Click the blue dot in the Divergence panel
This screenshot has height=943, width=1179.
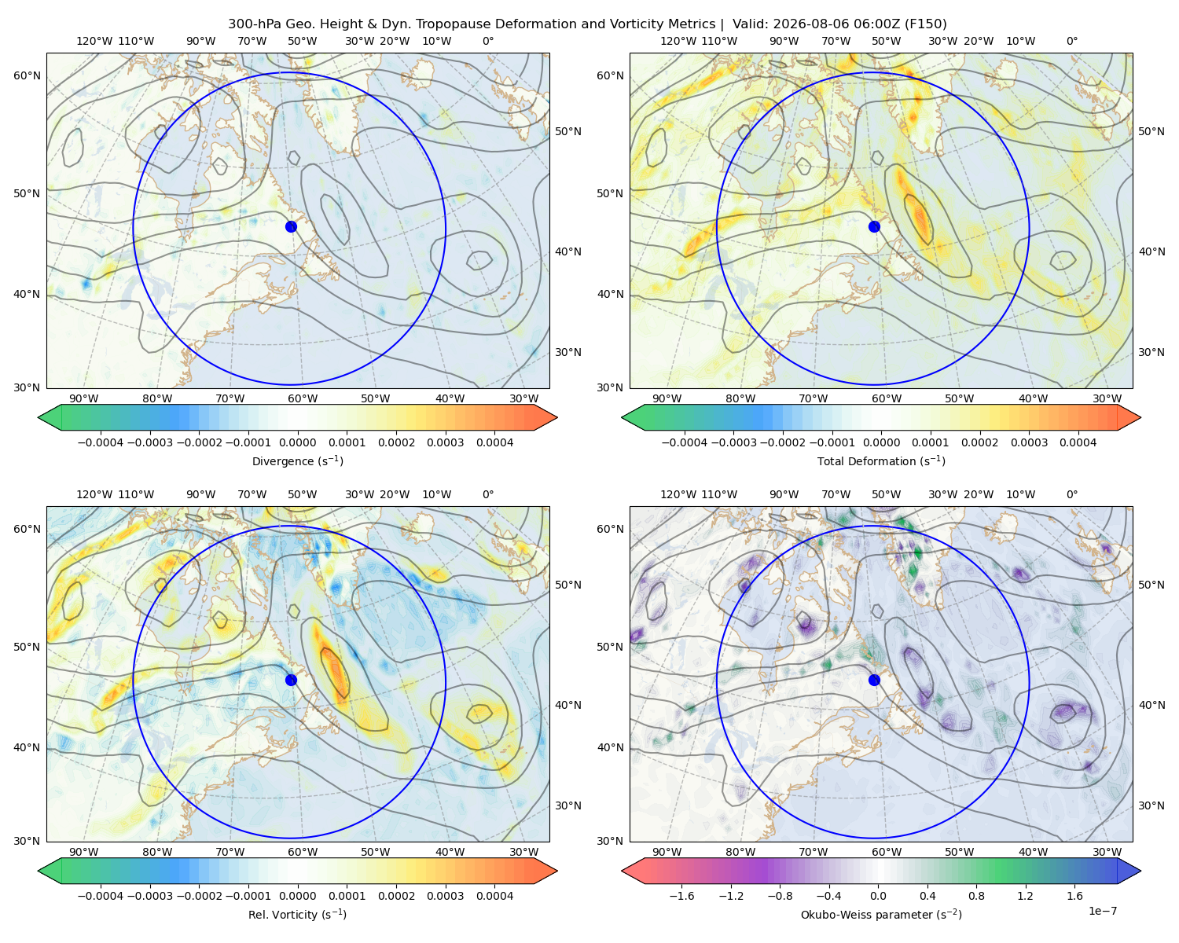[x=291, y=226]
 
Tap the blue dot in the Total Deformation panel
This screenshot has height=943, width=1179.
[x=874, y=226]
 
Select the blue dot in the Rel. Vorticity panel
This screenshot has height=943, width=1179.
[x=291, y=680]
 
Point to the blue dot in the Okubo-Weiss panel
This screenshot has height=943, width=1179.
[x=874, y=680]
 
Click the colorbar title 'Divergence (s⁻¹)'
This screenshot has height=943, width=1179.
[x=297, y=460]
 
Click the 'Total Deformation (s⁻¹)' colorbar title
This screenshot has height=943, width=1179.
[x=881, y=460]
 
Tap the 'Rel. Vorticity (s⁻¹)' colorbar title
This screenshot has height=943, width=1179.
[x=297, y=914]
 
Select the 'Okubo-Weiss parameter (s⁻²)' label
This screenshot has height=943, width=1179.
[x=881, y=914]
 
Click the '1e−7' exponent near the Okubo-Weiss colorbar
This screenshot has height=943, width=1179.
[x=1102, y=911]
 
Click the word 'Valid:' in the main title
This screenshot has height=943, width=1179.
[x=750, y=24]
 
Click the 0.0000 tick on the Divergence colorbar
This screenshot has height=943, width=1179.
[x=297, y=442]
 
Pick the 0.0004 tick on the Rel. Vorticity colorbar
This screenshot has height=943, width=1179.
[x=494, y=895]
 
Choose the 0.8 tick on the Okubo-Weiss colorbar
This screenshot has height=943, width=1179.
[x=976, y=895]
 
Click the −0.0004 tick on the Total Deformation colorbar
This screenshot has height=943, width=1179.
[x=684, y=442]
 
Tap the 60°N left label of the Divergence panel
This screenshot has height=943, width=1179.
[x=27, y=75]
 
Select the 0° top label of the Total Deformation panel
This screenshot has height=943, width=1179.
[x=1071, y=41]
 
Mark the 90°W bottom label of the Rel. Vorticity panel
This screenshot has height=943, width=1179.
[x=84, y=852]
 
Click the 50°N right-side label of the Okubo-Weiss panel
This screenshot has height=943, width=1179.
[x=1151, y=584]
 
